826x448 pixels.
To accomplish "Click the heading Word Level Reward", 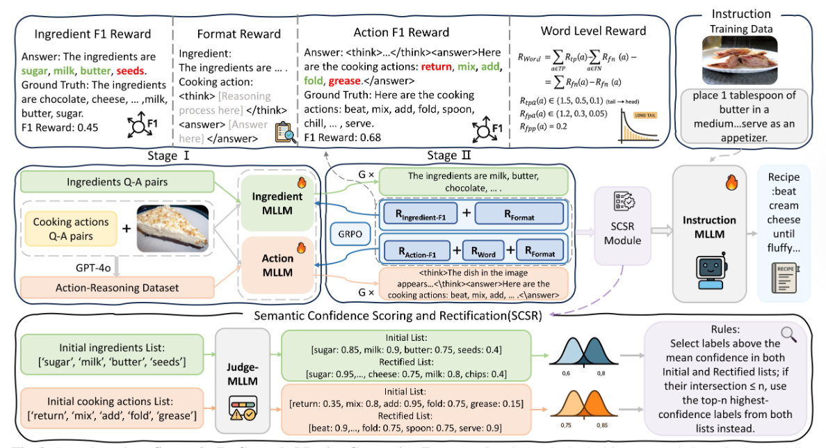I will [x=593, y=31].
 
